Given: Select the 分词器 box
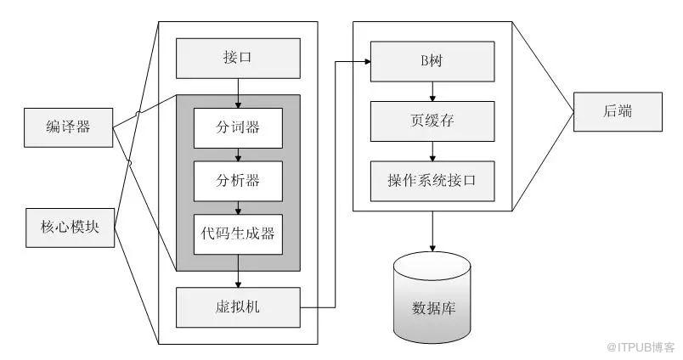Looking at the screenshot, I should coord(238,128).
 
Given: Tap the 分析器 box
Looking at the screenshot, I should coord(238,180).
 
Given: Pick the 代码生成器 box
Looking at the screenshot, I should coord(238,233).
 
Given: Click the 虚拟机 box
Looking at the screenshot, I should coord(238,307).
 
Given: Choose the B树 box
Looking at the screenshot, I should coord(432,61).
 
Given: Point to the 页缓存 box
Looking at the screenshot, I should coord(432,121).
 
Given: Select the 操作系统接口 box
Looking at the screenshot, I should coord(432,180).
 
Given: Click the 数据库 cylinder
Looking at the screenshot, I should coord(432,296).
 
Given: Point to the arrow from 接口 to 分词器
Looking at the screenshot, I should coord(238,92).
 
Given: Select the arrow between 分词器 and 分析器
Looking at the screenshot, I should coord(238,155).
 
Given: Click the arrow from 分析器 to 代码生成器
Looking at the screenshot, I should coord(238,206).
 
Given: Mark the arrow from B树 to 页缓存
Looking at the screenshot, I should coord(432,91).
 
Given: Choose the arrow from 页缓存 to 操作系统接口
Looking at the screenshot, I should coord(432,150).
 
